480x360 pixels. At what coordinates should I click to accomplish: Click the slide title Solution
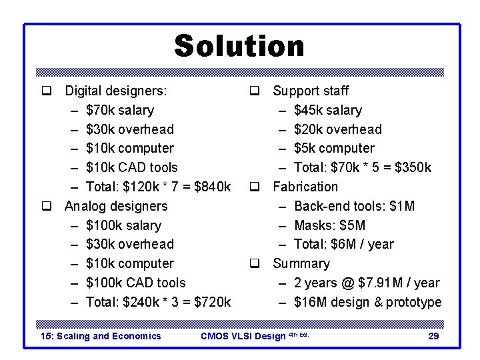coord(239,47)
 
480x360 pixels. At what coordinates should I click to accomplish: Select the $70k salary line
coord(120,110)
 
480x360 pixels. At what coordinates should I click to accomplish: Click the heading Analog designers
coord(116,206)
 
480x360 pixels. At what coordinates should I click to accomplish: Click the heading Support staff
coord(311,91)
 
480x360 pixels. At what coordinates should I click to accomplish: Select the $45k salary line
coord(328,110)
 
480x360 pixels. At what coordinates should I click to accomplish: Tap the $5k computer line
coord(334,148)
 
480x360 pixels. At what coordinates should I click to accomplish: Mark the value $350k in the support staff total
coord(413,167)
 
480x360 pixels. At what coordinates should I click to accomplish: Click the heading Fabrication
coord(305,187)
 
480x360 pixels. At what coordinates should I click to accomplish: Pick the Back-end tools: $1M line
coord(354,206)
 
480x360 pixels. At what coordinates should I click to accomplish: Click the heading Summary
coord(301,263)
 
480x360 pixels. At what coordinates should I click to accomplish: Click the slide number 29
coord(433,336)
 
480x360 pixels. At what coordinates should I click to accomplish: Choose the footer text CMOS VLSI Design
coord(243,336)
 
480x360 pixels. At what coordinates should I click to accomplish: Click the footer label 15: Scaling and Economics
coord(101,336)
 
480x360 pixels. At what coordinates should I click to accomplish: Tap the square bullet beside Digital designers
coord(46,91)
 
